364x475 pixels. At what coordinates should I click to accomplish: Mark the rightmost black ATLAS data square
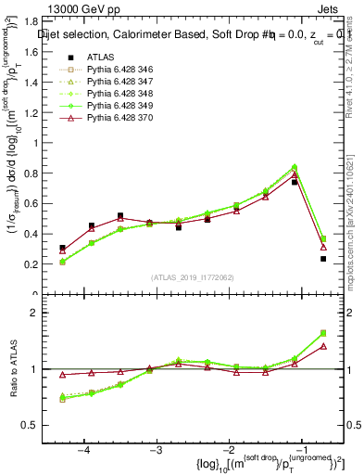(323, 259)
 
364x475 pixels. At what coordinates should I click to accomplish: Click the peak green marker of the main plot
(295, 168)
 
